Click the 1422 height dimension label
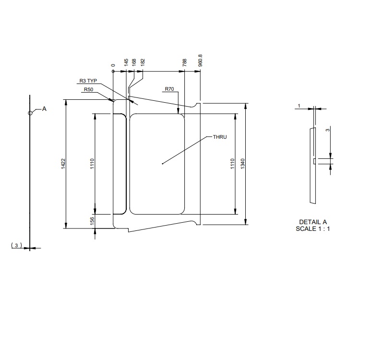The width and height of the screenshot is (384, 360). (63, 164)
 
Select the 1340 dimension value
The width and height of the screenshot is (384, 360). (242, 164)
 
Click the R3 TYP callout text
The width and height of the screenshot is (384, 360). (88, 81)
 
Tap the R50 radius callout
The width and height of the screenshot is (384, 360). (89, 89)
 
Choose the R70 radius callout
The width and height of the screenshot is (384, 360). (169, 89)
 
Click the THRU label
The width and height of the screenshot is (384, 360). (219, 137)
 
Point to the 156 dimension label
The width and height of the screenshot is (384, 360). (93, 220)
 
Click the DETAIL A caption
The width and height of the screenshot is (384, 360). (312, 222)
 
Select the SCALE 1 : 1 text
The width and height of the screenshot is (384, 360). (312, 229)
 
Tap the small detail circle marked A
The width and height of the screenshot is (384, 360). (30, 113)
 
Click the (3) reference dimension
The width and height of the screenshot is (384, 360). (17, 245)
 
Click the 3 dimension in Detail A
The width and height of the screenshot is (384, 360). (327, 130)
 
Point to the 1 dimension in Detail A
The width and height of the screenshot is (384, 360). (299, 105)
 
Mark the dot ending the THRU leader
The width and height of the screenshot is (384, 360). (163, 164)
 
